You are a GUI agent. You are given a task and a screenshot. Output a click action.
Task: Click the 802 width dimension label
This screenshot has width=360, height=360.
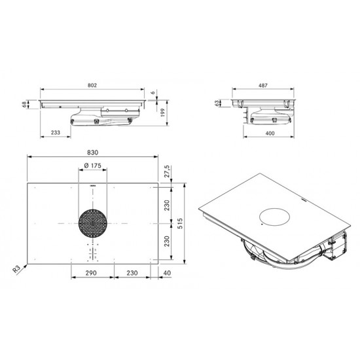point(92,85)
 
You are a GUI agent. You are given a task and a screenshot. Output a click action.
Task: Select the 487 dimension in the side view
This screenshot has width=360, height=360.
point(263,85)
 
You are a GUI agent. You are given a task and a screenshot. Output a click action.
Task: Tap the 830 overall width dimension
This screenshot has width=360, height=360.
point(92,153)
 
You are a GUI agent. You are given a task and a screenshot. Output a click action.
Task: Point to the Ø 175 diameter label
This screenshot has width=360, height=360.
point(93,166)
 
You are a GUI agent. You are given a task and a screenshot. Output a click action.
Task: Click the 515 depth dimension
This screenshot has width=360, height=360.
point(180,223)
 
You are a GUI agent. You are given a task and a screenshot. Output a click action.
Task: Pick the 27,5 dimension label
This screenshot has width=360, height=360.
point(168,171)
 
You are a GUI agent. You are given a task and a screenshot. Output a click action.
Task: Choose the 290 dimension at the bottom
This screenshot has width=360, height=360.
point(91,273)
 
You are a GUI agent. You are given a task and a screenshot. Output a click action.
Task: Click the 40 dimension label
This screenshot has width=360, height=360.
point(167,273)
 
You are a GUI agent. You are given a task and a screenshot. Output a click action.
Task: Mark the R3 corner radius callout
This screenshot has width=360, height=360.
point(17,269)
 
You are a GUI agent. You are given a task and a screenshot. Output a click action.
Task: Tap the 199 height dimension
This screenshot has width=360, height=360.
point(163,113)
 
